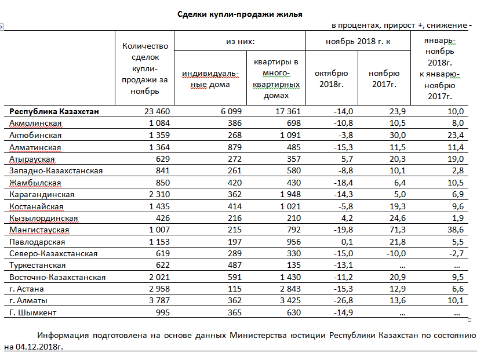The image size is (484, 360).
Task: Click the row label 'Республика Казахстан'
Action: (54, 111)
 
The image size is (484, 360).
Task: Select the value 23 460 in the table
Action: (153, 111)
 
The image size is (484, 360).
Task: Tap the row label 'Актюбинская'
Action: (36, 135)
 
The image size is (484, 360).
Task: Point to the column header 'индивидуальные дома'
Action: (206, 79)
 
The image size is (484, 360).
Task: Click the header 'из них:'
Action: (240, 42)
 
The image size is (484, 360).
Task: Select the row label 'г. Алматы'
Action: (28, 301)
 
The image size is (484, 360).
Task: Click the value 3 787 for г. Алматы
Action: (154, 301)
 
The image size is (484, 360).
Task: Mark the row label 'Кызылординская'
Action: (43, 218)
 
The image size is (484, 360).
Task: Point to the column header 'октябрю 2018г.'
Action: (332, 79)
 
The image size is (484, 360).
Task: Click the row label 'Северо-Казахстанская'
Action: (53, 254)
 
